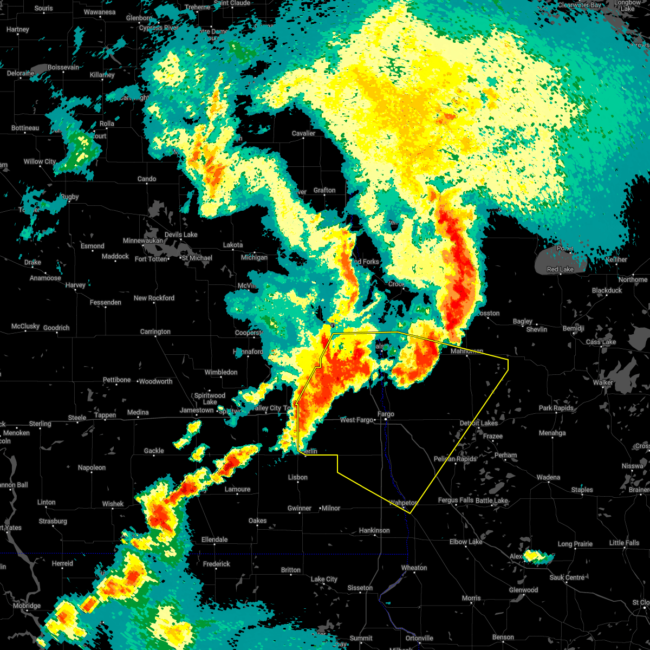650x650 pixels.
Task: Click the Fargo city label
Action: pos(386,414)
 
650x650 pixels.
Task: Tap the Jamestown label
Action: pos(197,411)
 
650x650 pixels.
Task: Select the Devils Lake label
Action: pos(181,235)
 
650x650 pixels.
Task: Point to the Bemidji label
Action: pos(573,329)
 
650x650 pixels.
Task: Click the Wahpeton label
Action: pos(403,503)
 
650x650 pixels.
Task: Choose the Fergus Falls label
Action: pos(456,500)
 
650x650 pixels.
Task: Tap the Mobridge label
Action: pos(27,606)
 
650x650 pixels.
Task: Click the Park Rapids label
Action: pos(556,408)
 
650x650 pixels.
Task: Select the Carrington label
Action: pos(155,331)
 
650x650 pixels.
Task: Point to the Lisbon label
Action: pos(298,477)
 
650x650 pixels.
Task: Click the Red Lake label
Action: pos(560,269)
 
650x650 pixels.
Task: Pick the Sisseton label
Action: pos(360,588)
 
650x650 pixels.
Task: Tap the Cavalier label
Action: pos(303,133)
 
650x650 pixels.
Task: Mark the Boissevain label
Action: pos(63,68)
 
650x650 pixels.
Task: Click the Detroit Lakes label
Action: pos(479,423)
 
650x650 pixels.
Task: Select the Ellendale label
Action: pos(214,539)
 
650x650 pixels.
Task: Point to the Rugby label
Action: pos(70,197)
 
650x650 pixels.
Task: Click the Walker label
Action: pos(603,382)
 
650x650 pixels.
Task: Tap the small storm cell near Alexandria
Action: pos(537,556)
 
